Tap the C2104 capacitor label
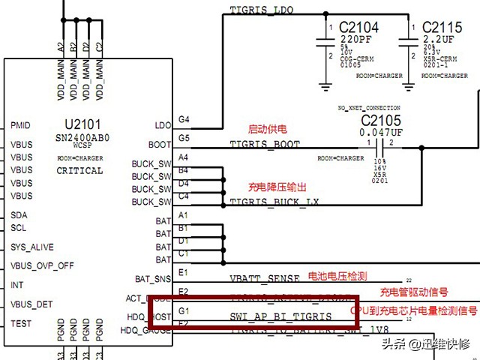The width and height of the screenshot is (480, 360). click(x=358, y=28)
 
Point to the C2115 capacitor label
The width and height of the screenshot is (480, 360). click(x=442, y=28)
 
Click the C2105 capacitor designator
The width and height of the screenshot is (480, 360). click(x=381, y=120)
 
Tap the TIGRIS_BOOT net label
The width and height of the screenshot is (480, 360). click(x=265, y=145)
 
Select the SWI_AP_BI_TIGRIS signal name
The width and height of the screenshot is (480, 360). click(x=280, y=317)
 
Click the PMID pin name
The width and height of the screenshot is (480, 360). click(x=21, y=125)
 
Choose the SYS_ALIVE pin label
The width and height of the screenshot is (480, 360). click(x=32, y=247)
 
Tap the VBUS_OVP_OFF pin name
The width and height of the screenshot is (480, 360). click(x=42, y=265)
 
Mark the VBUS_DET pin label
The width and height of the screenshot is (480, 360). click(x=31, y=304)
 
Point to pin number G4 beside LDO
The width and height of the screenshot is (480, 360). click(x=184, y=119)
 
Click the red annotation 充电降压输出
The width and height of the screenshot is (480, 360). click(x=277, y=186)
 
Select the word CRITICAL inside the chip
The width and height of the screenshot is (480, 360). click(x=79, y=171)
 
